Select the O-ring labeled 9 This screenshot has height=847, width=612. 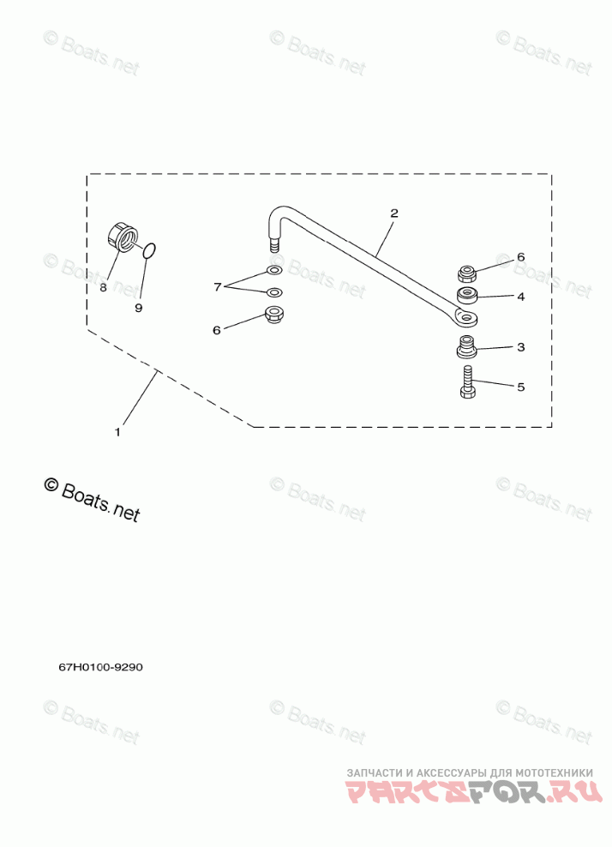(x=148, y=250)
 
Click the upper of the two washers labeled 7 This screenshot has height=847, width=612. (x=274, y=272)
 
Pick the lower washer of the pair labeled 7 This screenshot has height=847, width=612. (x=274, y=292)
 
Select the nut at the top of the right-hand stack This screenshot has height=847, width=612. (x=468, y=273)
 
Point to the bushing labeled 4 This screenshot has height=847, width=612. (x=468, y=297)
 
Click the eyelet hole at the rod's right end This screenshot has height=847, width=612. (x=466, y=319)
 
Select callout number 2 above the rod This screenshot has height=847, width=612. (x=393, y=213)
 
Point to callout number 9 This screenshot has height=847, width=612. (x=139, y=307)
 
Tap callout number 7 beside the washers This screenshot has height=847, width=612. (x=218, y=285)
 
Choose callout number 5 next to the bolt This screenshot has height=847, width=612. (x=519, y=387)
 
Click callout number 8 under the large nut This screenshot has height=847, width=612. (x=103, y=288)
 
